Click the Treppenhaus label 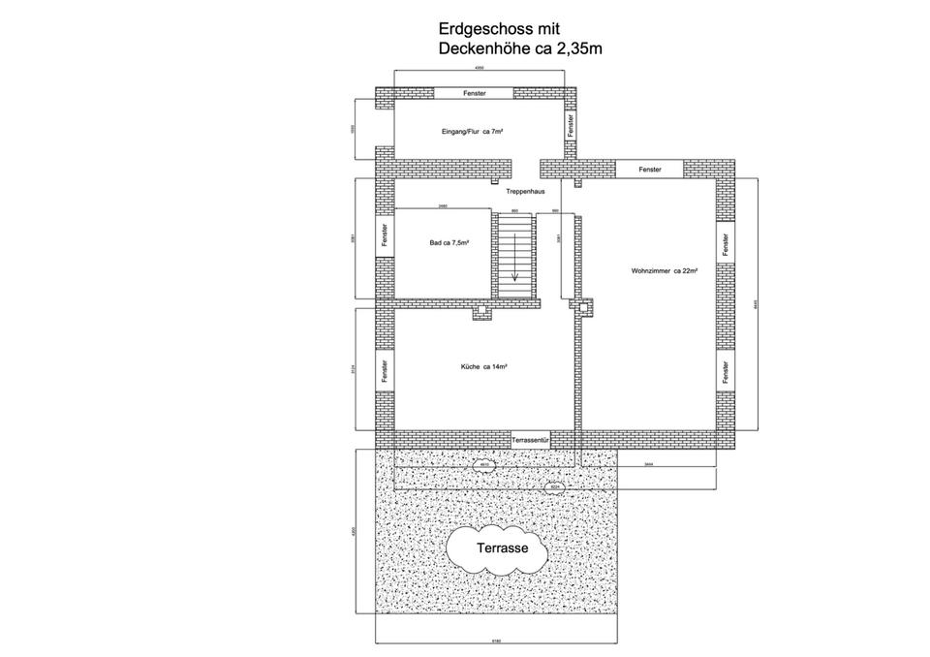point(525,192)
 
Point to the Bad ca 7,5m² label point(449,242)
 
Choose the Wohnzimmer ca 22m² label point(665,270)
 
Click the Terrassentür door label point(531,439)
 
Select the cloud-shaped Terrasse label point(501,548)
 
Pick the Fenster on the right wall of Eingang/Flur point(571,125)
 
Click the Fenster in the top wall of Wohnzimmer point(650,170)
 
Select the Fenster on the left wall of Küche point(385,370)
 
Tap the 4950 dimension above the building point(480,69)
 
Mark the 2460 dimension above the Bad point(443,206)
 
